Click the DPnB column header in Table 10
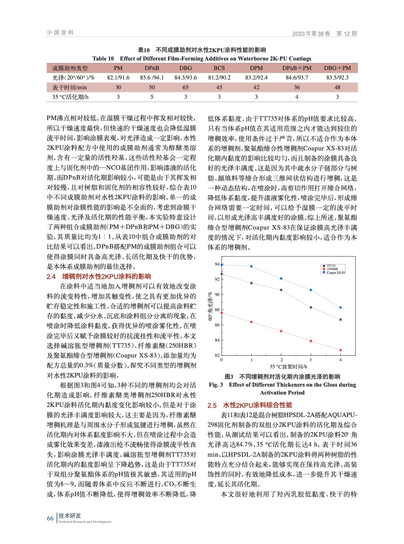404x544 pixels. pyautogui.click(x=152, y=68)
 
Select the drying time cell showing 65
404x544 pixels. pyautogui.click(x=185, y=87)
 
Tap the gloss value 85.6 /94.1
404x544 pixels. pyautogui.click(x=152, y=78)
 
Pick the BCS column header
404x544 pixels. pyautogui.click(x=219, y=68)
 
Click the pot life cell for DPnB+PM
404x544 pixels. pyautogui.click(x=297, y=97)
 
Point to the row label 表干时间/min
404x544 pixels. pyautogui.click(x=69, y=87)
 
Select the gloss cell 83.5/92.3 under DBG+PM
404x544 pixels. pyautogui.click(x=337, y=78)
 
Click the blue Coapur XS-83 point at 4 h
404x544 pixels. pyautogui.click(x=340, y=307)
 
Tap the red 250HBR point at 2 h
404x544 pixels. pyautogui.click(x=281, y=331)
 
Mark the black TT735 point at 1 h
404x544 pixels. pyautogui.click(x=252, y=283)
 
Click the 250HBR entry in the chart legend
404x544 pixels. pyautogui.click(x=332, y=269)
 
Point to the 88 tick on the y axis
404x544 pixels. pyautogui.click(x=217, y=310)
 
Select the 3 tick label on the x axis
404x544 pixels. pyautogui.click(x=310, y=360)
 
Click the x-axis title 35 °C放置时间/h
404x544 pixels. pyautogui.click(x=288, y=367)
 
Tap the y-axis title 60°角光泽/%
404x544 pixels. pyautogui.click(x=210, y=306)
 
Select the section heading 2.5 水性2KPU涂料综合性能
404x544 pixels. pyautogui.click(x=250, y=405)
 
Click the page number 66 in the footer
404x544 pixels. pyautogui.click(x=50, y=518)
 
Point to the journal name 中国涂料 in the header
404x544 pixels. pyautogui.click(x=61, y=33)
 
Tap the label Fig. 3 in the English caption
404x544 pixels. pyautogui.click(x=216, y=385)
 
